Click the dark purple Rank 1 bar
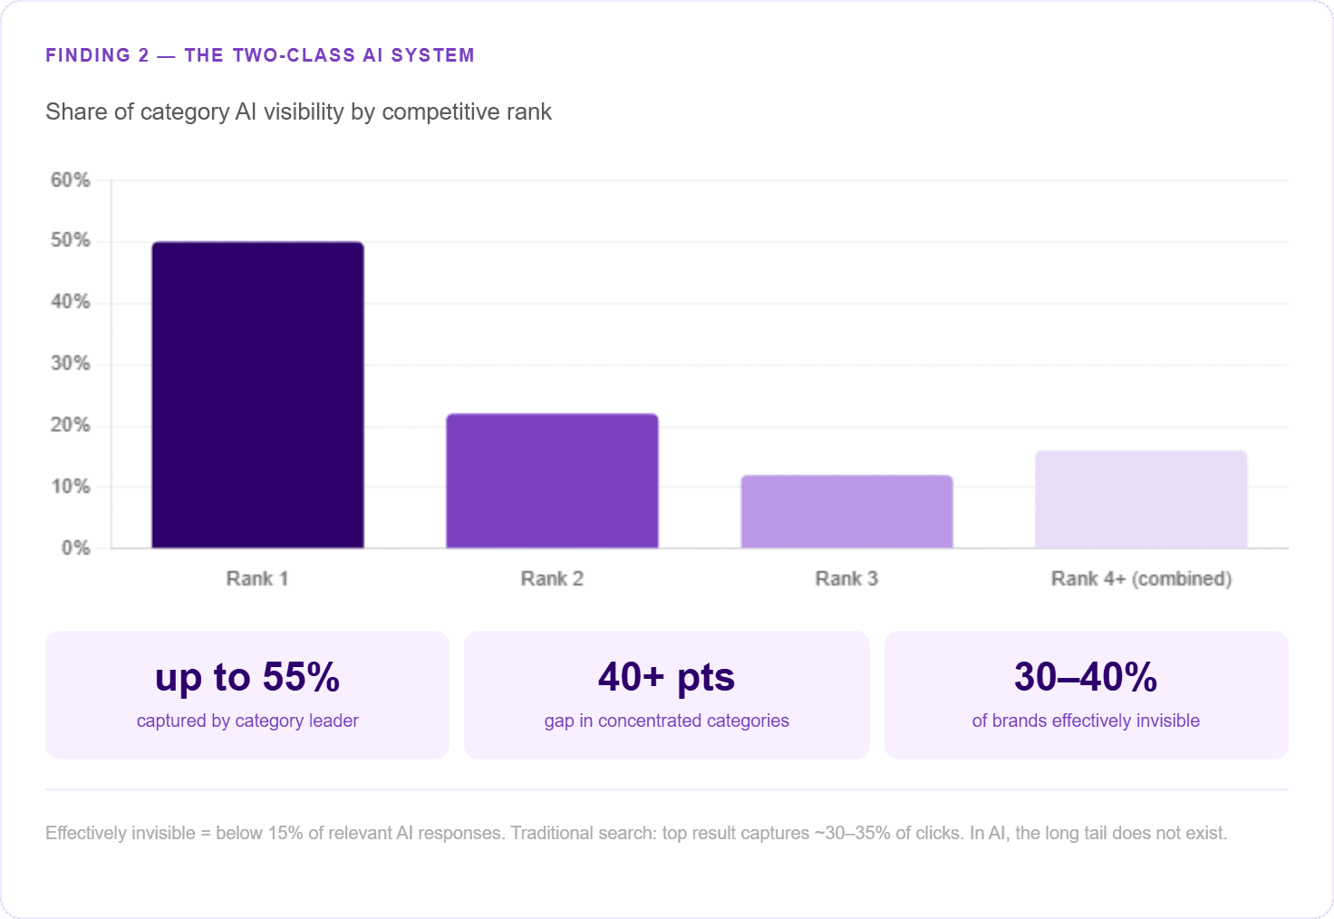coord(258,395)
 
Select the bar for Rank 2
coord(552,480)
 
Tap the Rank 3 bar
coord(846,512)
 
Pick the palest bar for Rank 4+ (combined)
coord(1141,499)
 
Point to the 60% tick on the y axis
coord(71,179)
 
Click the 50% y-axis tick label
coord(71,240)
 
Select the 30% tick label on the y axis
coord(71,363)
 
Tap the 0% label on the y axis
coord(75,548)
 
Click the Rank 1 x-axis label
coord(257,578)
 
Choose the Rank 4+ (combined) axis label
coord(1141,579)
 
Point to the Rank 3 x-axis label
coord(846,578)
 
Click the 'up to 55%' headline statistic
coord(247,678)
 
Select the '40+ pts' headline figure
coord(666,678)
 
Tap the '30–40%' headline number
coord(1086,677)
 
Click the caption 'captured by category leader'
coord(247,721)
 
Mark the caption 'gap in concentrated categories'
coord(666,721)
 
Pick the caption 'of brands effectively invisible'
coord(1086,721)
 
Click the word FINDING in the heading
coord(88,55)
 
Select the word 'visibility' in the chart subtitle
coord(304,112)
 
